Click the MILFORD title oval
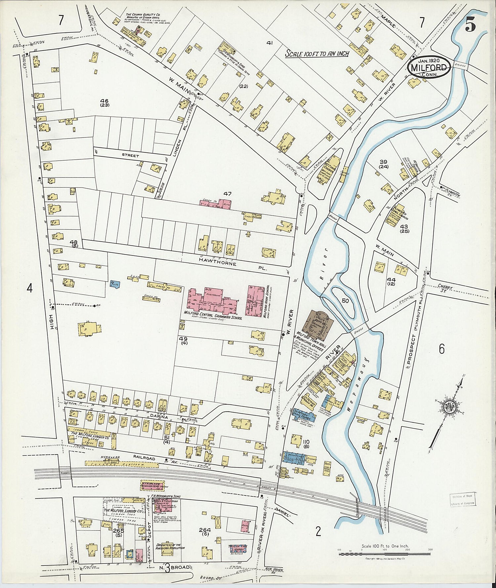[429, 68]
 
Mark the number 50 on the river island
[345, 301]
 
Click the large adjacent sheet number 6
[441, 349]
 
